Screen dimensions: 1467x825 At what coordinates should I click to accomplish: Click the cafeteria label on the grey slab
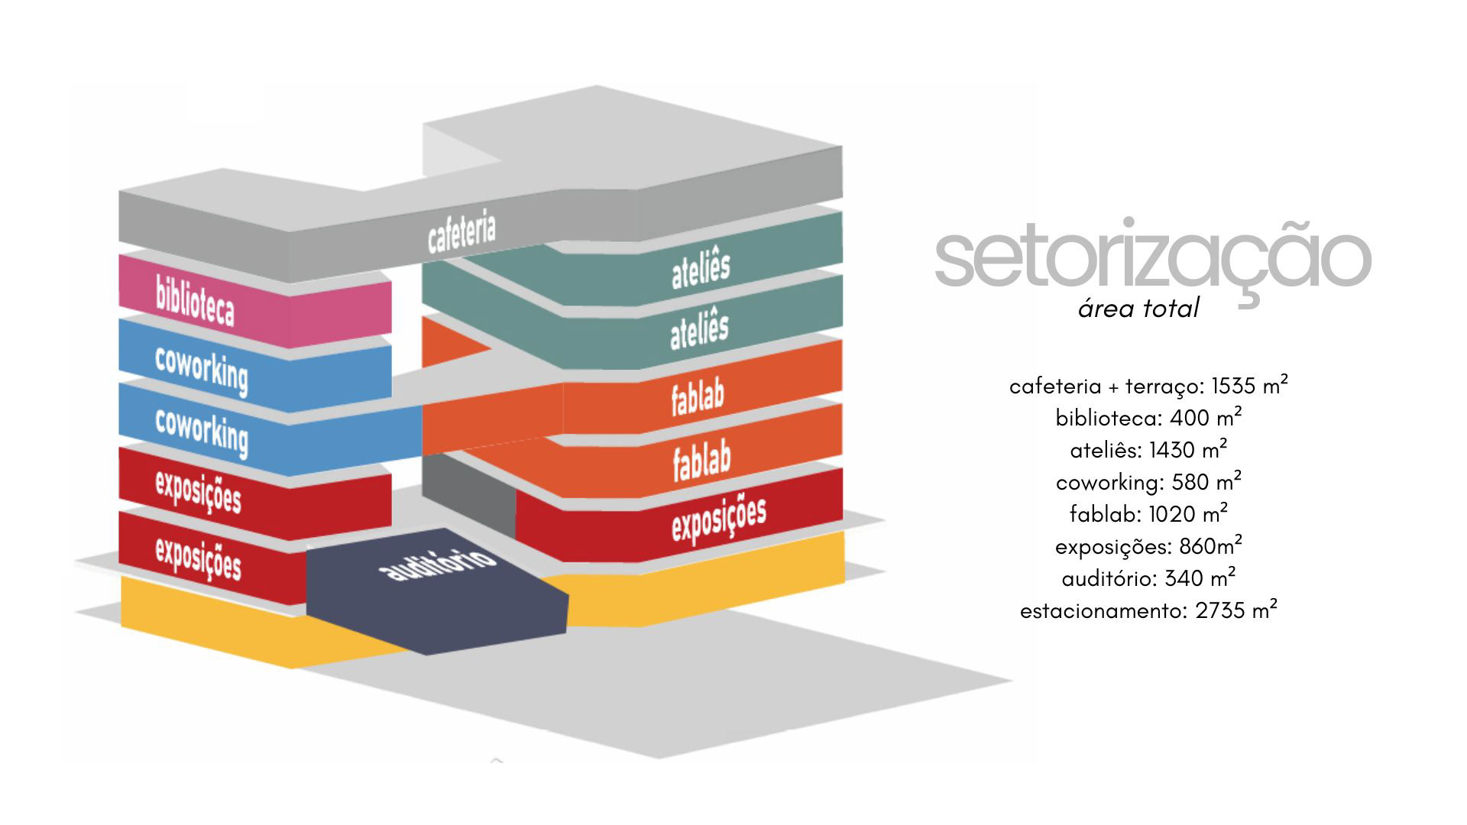[461, 232]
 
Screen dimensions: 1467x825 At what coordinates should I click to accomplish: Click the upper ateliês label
[701, 267]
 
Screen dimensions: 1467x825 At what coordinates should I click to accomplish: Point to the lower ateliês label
[699, 329]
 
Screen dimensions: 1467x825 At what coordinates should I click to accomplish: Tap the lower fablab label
[701, 461]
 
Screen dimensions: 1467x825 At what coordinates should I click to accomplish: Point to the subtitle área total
[1138, 309]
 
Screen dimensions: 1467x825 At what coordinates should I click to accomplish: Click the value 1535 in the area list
[1233, 387]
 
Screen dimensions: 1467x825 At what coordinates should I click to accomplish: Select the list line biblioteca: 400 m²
[1148, 418]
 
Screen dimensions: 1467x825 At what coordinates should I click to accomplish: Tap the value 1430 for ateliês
[1171, 451]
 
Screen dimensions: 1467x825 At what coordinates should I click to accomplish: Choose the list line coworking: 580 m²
[1148, 483]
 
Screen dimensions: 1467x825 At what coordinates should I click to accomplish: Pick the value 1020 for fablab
[1171, 515]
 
